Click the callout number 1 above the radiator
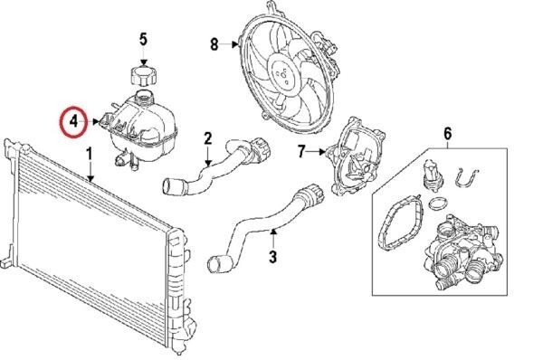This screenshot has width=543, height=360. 90,154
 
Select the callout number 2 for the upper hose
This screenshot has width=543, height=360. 208,138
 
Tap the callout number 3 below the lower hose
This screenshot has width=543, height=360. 273,257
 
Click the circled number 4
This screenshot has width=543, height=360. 73,121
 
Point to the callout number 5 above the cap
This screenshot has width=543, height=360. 143,39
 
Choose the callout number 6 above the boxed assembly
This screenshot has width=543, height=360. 448,134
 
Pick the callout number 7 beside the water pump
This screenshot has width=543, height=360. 301,151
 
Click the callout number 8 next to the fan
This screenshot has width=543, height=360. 214,44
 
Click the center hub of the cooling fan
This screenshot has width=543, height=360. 283,75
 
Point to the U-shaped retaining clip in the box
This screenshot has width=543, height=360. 466,177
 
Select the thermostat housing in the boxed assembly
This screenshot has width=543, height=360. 462,252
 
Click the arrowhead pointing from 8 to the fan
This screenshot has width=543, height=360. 236,44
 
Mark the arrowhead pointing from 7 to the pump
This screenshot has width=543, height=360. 323,151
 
